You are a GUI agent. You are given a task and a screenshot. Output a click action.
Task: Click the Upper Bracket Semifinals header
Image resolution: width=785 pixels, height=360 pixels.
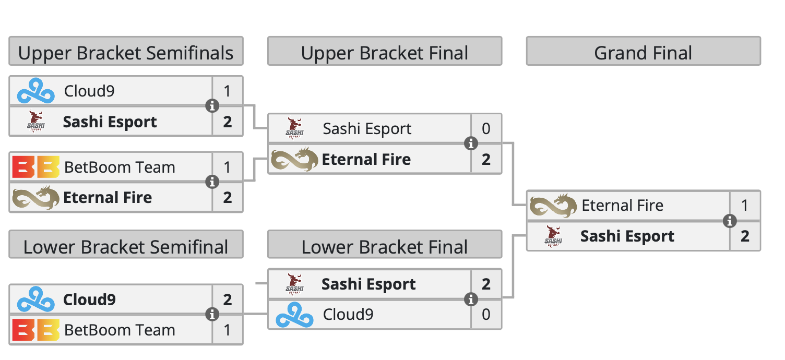click(x=126, y=53)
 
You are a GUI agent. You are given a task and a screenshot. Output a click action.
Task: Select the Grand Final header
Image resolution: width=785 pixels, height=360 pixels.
click(x=643, y=53)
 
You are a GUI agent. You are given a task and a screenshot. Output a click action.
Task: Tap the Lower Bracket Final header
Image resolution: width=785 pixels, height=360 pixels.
click(x=385, y=247)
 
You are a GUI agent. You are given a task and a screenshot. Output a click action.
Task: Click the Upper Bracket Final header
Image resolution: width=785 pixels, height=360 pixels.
click(x=385, y=53)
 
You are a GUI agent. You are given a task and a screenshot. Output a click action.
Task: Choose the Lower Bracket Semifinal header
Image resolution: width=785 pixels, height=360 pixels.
click(x=126, y=247)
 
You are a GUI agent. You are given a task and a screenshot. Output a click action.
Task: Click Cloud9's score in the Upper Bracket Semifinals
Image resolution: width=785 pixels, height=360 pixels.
click(x=228, y=91)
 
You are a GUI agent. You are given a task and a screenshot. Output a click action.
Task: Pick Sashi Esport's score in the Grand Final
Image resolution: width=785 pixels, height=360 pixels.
click(x=745, y=236)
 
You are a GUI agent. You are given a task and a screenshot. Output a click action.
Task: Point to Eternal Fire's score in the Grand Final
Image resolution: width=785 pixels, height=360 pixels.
click(x=745, y=206)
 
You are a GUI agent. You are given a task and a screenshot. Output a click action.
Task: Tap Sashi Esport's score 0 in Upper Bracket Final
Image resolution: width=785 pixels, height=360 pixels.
click(x=486, y=128)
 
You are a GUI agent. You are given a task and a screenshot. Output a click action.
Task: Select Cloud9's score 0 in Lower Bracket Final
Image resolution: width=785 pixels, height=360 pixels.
click(x=486, y=314)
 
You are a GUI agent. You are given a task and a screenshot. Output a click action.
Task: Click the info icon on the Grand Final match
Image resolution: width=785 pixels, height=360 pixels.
click(x=730, y=221)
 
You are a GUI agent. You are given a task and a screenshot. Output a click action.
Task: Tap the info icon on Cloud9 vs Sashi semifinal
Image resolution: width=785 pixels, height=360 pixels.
click(x=212, y=106)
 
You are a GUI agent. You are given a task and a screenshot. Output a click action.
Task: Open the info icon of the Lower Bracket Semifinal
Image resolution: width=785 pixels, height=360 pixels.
click(x=212, y=315)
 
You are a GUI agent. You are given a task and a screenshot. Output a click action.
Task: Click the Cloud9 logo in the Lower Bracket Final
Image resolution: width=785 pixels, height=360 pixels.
click(x=295, y=315)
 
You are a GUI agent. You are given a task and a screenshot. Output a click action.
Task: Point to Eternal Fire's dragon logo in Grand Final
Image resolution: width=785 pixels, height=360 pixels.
click(x=554, y=206)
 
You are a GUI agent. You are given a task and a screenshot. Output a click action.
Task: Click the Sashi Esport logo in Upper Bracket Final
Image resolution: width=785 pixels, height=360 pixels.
click(x=295, y=128)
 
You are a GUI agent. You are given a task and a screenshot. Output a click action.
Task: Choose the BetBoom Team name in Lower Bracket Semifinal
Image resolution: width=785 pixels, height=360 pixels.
click(x=120, y=330)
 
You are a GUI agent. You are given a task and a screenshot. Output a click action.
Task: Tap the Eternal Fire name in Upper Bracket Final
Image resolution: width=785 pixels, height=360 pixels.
click(x=366, y=159)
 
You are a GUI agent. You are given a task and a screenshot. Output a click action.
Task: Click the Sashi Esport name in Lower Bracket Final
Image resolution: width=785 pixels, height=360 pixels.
click(x=368, y=284)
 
